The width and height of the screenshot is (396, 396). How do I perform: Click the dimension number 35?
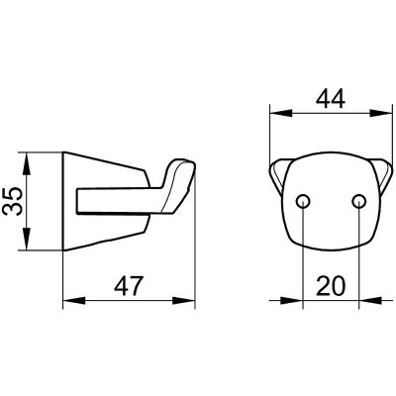pyautogui.click(x=14, y=201)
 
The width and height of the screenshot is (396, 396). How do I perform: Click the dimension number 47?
pyautogui.click(x=129, y=286)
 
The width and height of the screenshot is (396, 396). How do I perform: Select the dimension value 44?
pyautogui.click(x=330, y=99)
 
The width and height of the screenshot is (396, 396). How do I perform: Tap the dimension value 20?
pyautogui.click(x=331, y=286)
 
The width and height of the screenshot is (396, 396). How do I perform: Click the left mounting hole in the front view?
pyautogui.click(x=303, y=201)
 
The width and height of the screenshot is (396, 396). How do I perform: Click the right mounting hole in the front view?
pyautogui.click(x=358, y=201)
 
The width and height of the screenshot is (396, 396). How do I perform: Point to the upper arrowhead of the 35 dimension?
pyautogui.click(x=27, y=164)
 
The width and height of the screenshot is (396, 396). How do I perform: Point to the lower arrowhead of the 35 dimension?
pyautogui.click(x=27, y=239)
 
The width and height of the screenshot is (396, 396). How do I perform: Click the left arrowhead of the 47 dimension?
pyautogui.click(x=74, y=301)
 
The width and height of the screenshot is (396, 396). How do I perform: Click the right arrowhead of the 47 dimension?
pyautogui.click(x=183, y=301)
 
